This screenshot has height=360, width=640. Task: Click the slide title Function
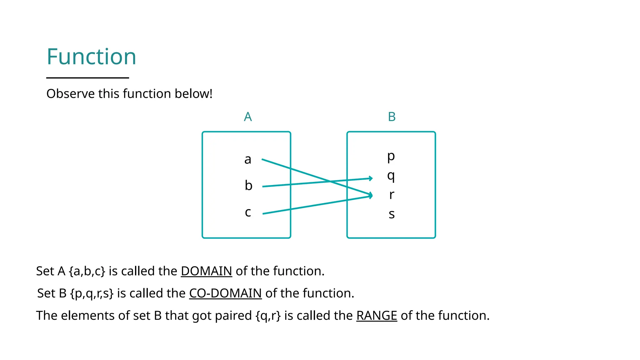91,57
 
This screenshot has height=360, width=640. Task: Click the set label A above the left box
247,117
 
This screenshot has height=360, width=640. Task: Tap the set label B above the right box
392,117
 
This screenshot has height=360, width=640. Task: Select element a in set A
248,160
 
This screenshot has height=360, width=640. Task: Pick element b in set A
248,186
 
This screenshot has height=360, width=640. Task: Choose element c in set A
248,212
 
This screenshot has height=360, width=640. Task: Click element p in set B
391,156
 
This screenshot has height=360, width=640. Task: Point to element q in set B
391,176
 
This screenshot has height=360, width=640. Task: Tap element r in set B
392,195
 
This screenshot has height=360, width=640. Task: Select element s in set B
392,214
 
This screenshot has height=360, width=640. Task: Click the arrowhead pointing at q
371,178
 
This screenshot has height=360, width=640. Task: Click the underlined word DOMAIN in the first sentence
206,271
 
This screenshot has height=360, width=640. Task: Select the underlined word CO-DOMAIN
225,293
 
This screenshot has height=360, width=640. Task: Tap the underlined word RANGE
377,316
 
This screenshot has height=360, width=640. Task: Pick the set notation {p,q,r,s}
92,293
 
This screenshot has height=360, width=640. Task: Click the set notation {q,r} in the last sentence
268,316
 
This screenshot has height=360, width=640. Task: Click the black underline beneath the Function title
87,78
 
